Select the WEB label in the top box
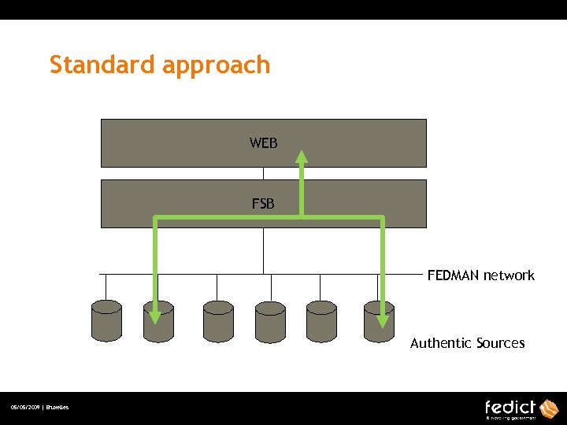[x=263, y=142]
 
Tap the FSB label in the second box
[x=263, y=203]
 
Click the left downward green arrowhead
[x=155, y=317]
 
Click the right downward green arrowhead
[x=382, y=320]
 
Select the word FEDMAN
[x=454, y=275]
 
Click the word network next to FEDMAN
[x=509, y=275]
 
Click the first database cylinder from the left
[x=106, y=321]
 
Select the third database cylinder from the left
[x=218, y=321]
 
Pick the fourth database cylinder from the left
[x=270, y=321]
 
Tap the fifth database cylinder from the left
[x=321, y=321]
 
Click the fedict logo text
[x=510, y=408]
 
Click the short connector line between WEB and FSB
[x=264, y=173]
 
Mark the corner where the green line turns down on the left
[x=155, y=217]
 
